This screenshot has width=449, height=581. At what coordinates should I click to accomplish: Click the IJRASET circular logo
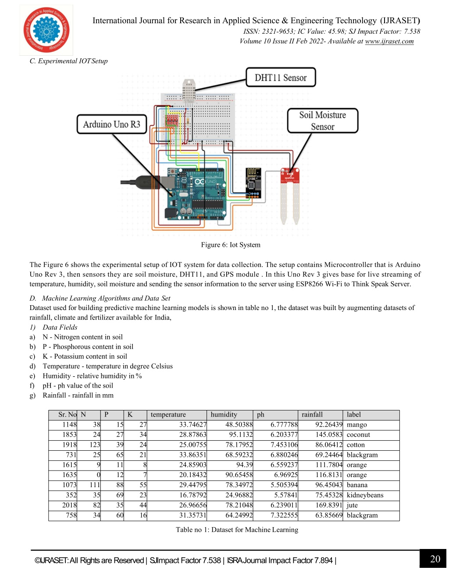[46, 30]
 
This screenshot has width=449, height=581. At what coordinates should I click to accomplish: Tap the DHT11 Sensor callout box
[281, 77]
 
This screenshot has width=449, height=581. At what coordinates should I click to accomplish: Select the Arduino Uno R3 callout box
[112, 124]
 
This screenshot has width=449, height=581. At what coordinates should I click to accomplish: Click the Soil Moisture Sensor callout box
[323, 121]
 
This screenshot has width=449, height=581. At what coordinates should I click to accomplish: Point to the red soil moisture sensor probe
[290, 196]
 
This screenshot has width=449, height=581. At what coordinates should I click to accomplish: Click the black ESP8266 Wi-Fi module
[253, 183]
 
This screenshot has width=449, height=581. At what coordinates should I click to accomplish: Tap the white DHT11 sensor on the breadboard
[189, 91]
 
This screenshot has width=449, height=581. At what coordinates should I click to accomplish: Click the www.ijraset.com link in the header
[389, 41]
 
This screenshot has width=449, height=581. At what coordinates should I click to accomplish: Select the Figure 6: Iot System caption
[231, 245]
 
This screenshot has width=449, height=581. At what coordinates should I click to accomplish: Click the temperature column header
[168, 414]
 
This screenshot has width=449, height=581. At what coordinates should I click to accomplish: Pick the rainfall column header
[312, 414]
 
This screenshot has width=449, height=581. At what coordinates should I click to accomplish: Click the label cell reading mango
[356, 424]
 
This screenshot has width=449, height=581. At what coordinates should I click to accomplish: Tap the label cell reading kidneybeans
[365, 495]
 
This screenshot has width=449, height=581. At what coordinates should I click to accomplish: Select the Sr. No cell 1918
[69, 445]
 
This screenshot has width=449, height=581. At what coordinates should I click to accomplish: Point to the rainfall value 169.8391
[329, 505]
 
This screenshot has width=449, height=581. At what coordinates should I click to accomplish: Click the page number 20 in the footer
[435, 559]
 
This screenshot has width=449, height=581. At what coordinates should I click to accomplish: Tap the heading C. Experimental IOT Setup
[69, 61]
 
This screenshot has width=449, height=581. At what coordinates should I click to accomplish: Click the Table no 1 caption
[237, 530]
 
